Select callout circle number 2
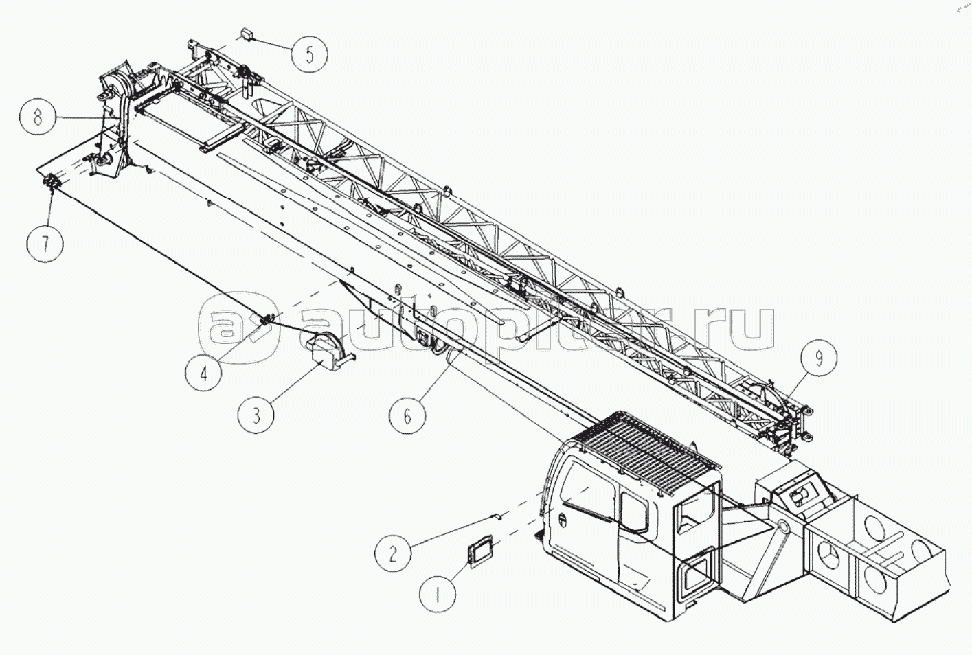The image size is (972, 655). pyautogui.click(x=393, y=553)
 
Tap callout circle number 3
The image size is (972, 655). pyautogui.click(x=256, y=415)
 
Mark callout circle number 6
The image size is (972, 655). pyautogui.click(x=407, y=415)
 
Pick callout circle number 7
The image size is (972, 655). pyautogui.click(x=45, y=244)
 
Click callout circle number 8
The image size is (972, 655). pyautogui.click(x=37, y=117)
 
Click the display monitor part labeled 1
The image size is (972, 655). pyautogui.click(x=481, y=550)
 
